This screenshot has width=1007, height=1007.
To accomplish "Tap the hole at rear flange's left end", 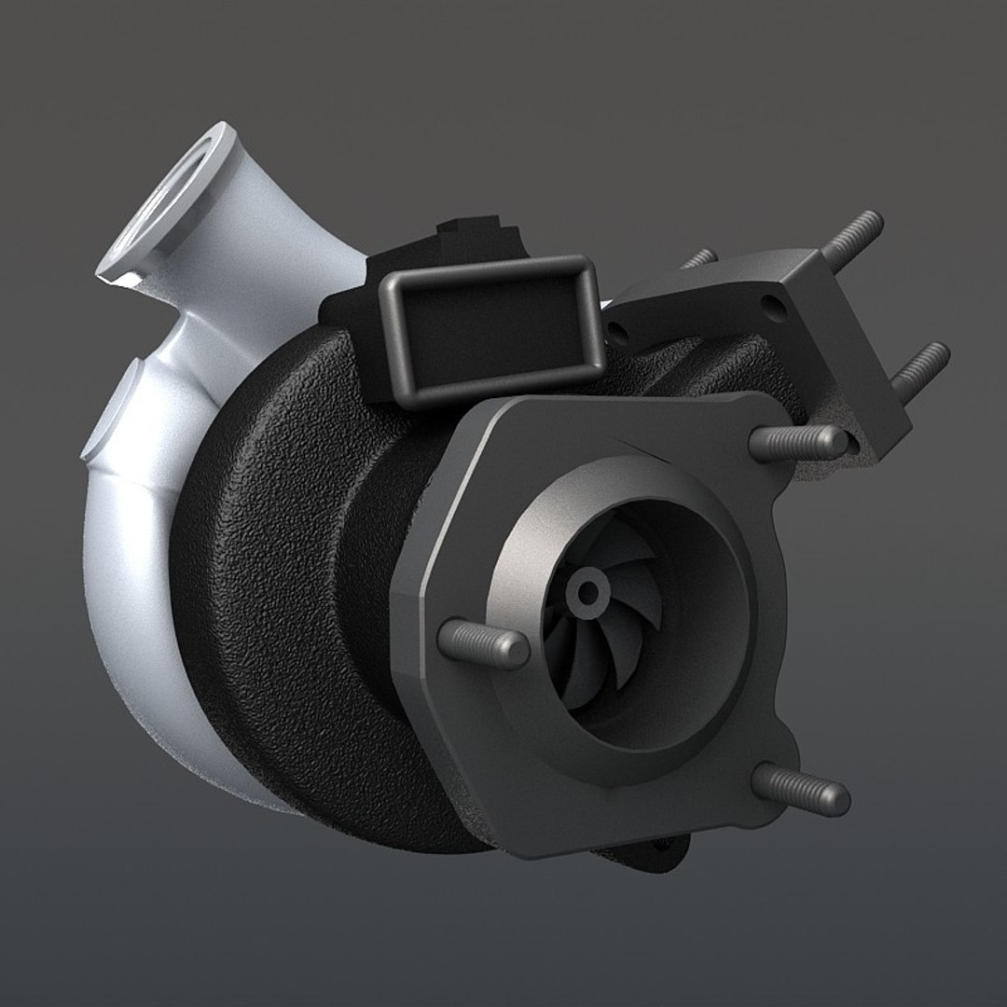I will click(616, 329).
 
